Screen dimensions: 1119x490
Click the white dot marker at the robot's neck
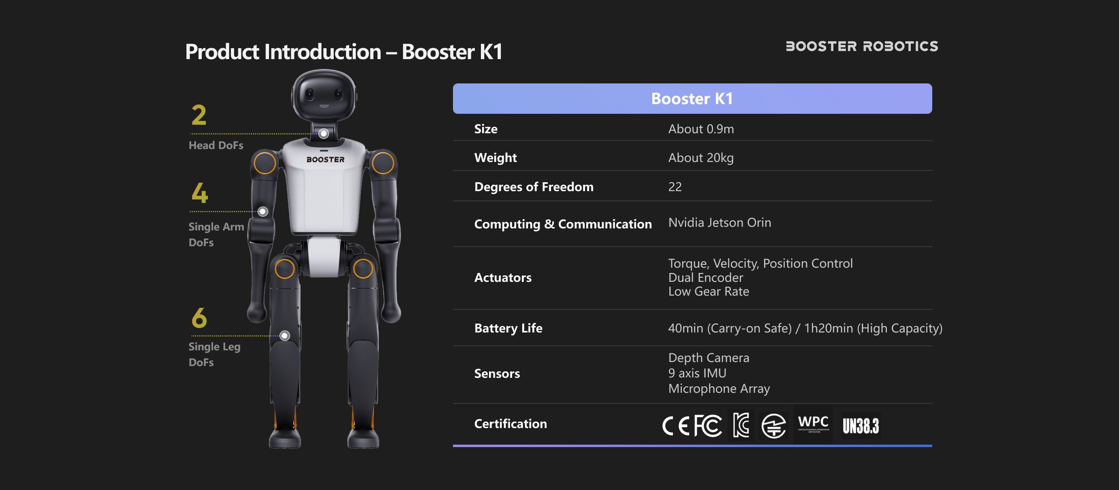pos(323,134)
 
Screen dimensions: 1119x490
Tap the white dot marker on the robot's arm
pos(263,211)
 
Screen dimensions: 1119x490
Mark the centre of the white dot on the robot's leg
pos(284,335)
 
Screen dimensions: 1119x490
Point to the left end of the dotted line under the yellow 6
pos(192,335)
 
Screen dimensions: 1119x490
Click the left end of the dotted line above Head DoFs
pos(192,134)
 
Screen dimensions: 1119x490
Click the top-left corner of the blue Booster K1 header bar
pos(453,84)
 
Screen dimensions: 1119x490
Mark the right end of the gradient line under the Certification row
pos(932,446)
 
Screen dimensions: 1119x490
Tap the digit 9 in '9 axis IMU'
pos(672,373)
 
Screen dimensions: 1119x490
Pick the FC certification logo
pos(708,425)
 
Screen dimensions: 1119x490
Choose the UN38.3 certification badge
pos(861,426)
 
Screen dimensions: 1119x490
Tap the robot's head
pos(324,96)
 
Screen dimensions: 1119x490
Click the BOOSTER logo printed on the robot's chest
pos(325,160)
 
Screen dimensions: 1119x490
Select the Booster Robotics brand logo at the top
pos(862,47)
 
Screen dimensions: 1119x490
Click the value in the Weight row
pos(700,158)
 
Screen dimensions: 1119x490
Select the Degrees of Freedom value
pos(675,187)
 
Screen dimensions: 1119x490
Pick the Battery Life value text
pos(805,328)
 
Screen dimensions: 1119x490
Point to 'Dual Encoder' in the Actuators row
pos(705,278)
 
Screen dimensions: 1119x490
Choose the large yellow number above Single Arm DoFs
pos(200,193)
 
